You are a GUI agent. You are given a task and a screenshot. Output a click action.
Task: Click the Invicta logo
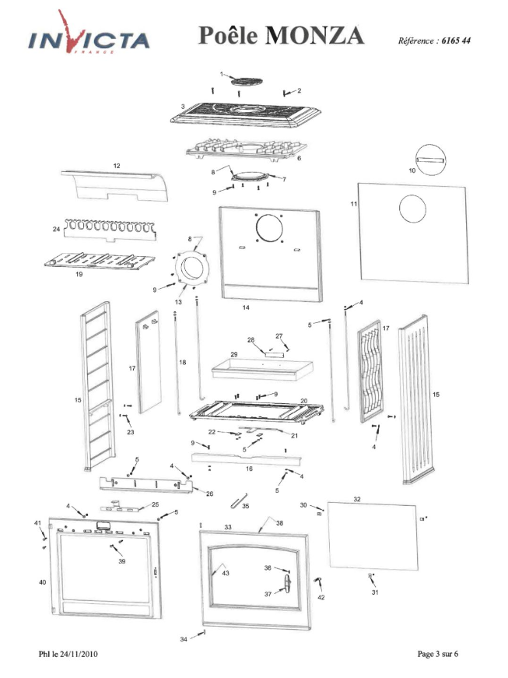pyautogui.click(x=89, y=38)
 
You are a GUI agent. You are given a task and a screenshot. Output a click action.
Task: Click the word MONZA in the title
pyautogui.click(x=314, y=36)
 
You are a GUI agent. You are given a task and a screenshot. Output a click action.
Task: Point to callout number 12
pyautogui.click(x=117, y=166)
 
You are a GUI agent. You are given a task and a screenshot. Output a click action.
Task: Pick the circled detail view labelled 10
pyautogui.click(x=432, y=161)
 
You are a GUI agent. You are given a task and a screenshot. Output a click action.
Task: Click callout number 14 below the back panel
pyautogui.click(x=246, y=308)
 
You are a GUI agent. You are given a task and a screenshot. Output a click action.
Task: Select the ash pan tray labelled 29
pyautogui.click(x=260, y=367)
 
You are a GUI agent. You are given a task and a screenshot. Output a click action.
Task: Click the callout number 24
pyautogui.click(x=57, y=230)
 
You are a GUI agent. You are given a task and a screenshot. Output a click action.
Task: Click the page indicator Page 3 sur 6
pyautogui.click(x=438, y=653)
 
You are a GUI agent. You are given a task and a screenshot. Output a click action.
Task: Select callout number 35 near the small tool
pyautogui.click(x=246, y=506)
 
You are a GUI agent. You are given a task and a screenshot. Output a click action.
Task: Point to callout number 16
pyautogui.click(x=249, y=469)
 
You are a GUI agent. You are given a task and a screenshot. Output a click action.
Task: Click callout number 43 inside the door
pyautogui.click(x=226, y=573)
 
